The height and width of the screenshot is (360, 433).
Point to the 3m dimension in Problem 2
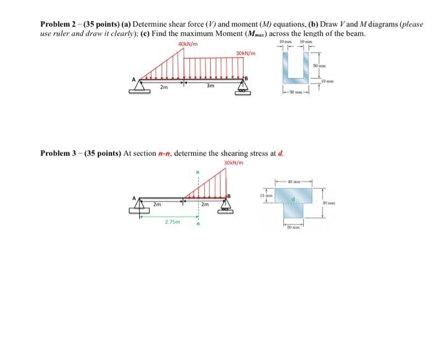[x=211, y=86]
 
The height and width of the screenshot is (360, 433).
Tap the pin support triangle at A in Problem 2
[x=140, y=86]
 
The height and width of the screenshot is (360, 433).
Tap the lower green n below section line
[x=198, y=225]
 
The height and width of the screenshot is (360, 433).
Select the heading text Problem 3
[x=61, y=153]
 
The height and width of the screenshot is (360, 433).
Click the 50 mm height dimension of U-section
[x=323, y=65]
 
